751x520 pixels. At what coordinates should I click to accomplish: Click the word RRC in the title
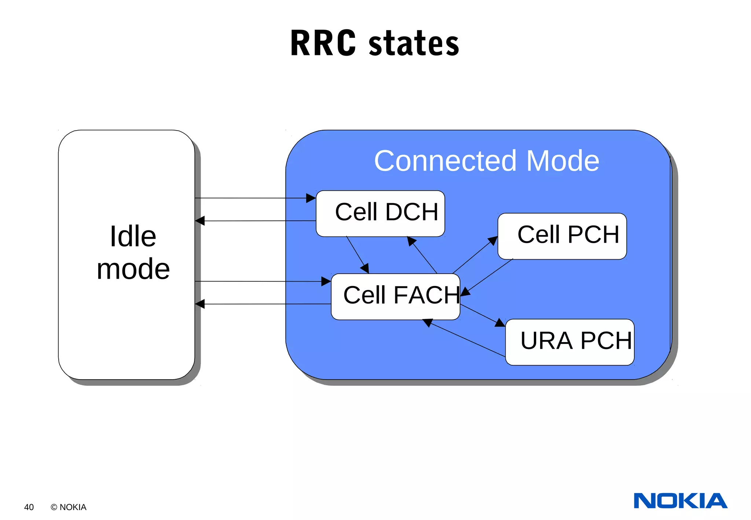pos(323,43)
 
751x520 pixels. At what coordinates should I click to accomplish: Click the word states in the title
pos(414,44)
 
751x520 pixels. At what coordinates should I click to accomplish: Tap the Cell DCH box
pos(380,213)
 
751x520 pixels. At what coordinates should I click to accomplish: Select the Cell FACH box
pos(395,296)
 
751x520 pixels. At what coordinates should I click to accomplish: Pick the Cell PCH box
pos(562,236)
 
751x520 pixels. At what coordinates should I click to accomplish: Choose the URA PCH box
pos(569,342)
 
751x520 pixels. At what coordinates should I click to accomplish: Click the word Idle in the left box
pos(133,237)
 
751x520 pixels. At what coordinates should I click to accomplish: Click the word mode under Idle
pos(133,269)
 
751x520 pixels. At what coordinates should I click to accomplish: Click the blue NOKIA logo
pos(680,501)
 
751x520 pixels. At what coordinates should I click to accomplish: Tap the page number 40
pos(29,507)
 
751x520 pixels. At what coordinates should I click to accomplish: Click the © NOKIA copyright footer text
pos(69,507)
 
